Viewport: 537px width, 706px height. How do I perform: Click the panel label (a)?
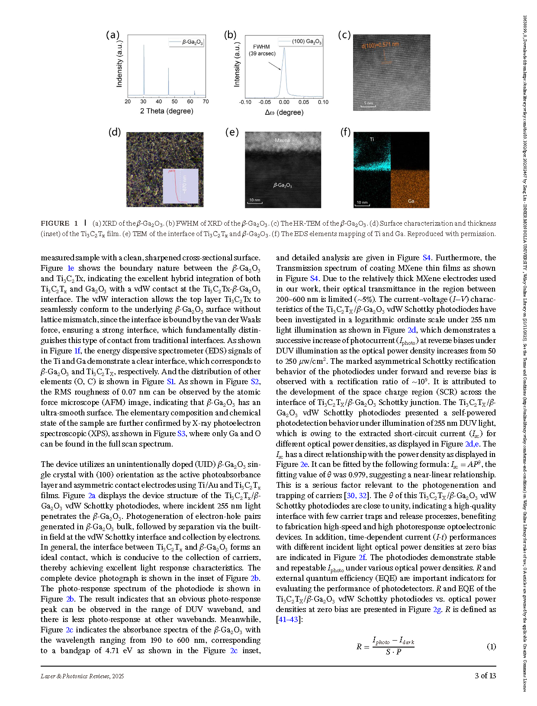113,35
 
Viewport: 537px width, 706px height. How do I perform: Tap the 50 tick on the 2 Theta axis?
174,102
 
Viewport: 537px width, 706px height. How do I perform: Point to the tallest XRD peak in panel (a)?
144,45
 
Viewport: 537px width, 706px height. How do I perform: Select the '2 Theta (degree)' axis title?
167,111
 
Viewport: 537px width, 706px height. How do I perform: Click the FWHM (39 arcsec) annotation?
262,50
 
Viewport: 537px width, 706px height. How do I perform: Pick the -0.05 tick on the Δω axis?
265,102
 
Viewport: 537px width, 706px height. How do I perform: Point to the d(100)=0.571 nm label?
380,45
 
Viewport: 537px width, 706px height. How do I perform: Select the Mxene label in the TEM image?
283,140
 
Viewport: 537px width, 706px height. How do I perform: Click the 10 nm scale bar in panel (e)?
255,201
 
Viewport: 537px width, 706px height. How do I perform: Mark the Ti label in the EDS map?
372,139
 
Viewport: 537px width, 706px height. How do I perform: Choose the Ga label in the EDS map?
411,201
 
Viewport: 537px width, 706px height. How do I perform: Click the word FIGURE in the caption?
55,223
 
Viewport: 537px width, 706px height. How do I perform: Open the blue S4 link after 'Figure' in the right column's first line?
427,258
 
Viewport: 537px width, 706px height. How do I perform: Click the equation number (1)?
491,647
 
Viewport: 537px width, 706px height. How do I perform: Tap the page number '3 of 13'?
485,676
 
